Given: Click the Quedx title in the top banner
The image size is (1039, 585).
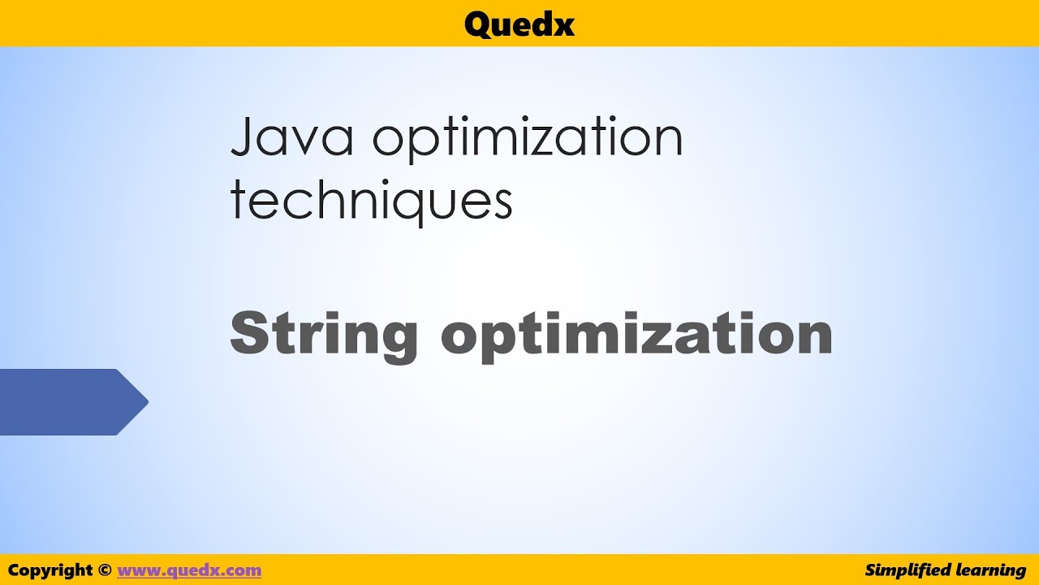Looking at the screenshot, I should pyautogui.click(x=519, y=24).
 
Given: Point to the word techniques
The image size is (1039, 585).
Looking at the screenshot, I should pyautogui.click(x=371, y=201).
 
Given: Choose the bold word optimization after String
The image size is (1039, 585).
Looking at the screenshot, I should pyautogui.click(x=636, y=335).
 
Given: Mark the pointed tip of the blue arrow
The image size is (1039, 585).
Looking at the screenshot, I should pyautogui.click(x=146, y=401).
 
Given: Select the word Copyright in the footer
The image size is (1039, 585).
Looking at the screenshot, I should pyautogui.click(x=51, y=570).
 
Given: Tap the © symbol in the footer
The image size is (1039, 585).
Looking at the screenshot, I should pyautogui.click(x=105, y=570).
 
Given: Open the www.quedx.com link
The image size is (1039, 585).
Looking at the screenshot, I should pyautogui.click(x=189, y=570).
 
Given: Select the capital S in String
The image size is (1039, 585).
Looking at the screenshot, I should pyautogui.click(x=248, y=333).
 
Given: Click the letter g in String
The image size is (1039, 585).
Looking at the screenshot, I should pyautogui.click(x=399, y=341).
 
